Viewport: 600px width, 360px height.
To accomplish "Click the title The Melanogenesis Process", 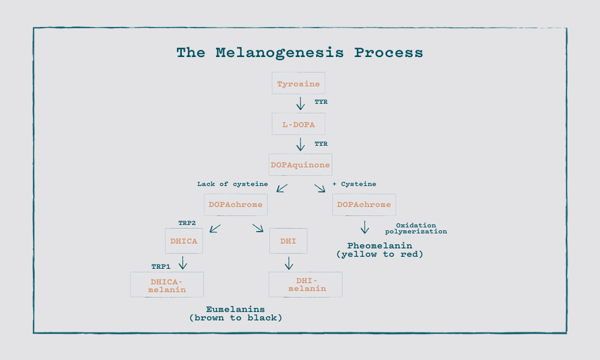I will click(299, 53).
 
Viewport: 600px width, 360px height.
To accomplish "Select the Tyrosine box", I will click(299, 83).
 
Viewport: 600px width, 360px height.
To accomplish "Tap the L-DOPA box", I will click(299, 124).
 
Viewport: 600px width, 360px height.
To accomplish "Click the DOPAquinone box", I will click(300, 164).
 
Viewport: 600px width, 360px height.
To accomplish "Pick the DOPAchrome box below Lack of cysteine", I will click(235, 205).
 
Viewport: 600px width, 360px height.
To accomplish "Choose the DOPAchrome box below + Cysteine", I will click(364, 205).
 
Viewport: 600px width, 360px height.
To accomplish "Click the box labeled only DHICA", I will click(184, 241).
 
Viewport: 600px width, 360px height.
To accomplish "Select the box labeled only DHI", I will click(288, 241).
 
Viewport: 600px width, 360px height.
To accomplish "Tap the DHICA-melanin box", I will click(167, 284).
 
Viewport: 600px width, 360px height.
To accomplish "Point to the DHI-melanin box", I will click(306, 284).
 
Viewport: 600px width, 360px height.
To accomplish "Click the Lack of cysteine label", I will click(232, 184).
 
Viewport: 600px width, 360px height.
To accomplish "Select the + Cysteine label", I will click(354, 184).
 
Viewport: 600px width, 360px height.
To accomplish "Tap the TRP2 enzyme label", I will click(187, 223).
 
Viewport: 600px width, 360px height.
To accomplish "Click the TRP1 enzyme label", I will click(160, 265).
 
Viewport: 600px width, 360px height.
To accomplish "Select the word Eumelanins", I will click(235, 310).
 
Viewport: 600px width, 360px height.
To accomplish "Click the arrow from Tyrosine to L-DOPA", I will click(300, 103).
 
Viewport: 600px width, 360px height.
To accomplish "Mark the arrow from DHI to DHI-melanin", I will click(289, 263).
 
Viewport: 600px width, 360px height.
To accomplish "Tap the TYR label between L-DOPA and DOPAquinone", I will click(321, 144).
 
